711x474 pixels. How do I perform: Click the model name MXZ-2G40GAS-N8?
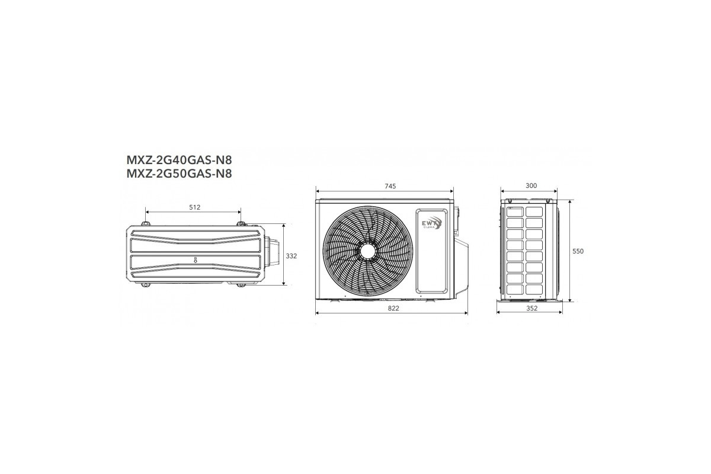tap(180, 160)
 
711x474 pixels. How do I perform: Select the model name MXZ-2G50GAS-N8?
tap(180, 174)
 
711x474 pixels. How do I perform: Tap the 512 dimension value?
tap(194, 207)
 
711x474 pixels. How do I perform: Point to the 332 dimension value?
tap(292, 256)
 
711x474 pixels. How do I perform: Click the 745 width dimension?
tap(390, 187)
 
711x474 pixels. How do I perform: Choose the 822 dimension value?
tap(393, 308)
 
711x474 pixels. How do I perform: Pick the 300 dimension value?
tap(531, 185)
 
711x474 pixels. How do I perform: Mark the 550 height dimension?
tap(578, 251)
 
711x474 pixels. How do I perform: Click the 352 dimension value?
tap(531, 308)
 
